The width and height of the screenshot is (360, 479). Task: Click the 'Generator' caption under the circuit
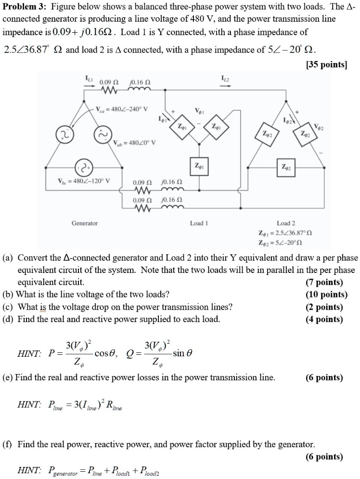[x=85, y=223]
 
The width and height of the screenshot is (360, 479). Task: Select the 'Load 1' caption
[x=197, y=223]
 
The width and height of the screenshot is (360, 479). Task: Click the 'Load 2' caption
[x=284, y=223]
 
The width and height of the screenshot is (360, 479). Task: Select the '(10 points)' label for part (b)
[x=323, y=294]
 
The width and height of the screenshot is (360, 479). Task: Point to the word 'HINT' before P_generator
[x=29, y=469]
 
